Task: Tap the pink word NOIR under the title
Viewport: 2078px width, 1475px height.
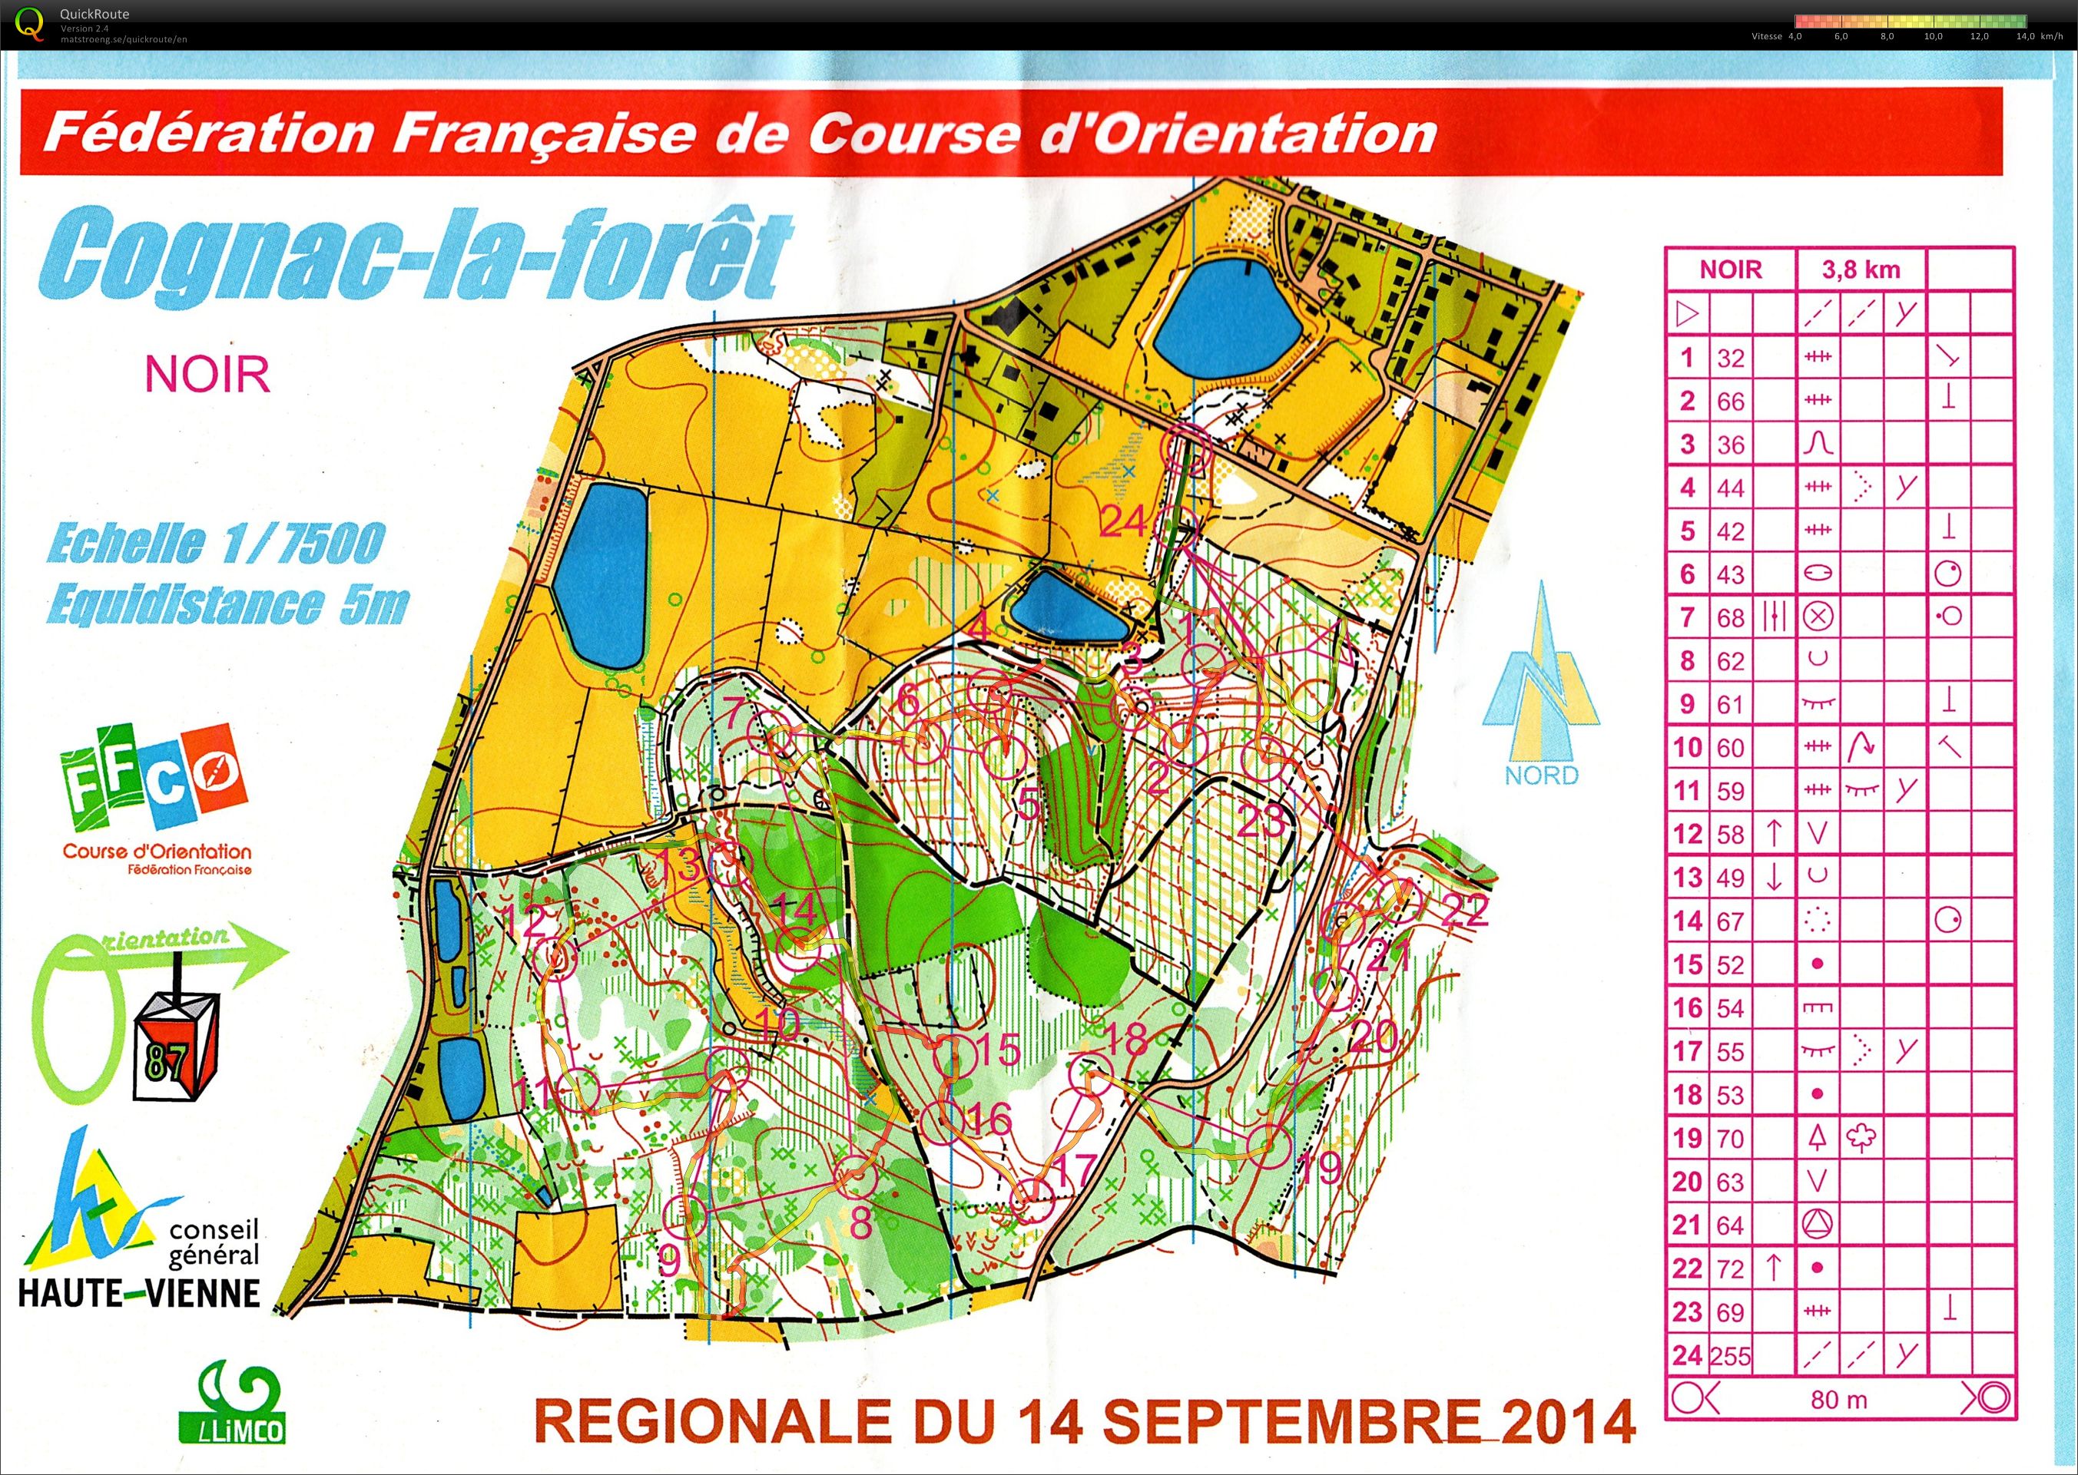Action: [x=207, y=374]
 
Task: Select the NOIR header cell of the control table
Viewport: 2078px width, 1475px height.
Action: [x=1730, y=270]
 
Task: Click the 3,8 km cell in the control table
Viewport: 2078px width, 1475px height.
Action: [x=1860, y=270]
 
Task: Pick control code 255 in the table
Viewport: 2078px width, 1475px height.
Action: [x=1730, y=1356]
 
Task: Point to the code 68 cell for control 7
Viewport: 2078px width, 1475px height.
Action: [x=1730, y=617]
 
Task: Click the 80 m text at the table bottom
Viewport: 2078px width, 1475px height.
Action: [x=1838, y=1400]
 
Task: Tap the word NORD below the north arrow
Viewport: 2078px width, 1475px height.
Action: [x=1541, y=776]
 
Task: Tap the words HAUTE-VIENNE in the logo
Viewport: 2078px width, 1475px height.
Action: [x=139, y=1292]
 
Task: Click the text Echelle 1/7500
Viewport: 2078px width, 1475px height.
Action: [x=215, y=543]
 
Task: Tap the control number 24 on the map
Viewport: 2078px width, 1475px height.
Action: [x=1123, y=521]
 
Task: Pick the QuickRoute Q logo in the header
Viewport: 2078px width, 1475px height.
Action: [x=29, y=24]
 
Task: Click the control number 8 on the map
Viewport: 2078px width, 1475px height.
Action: [x=860, y=1223]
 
